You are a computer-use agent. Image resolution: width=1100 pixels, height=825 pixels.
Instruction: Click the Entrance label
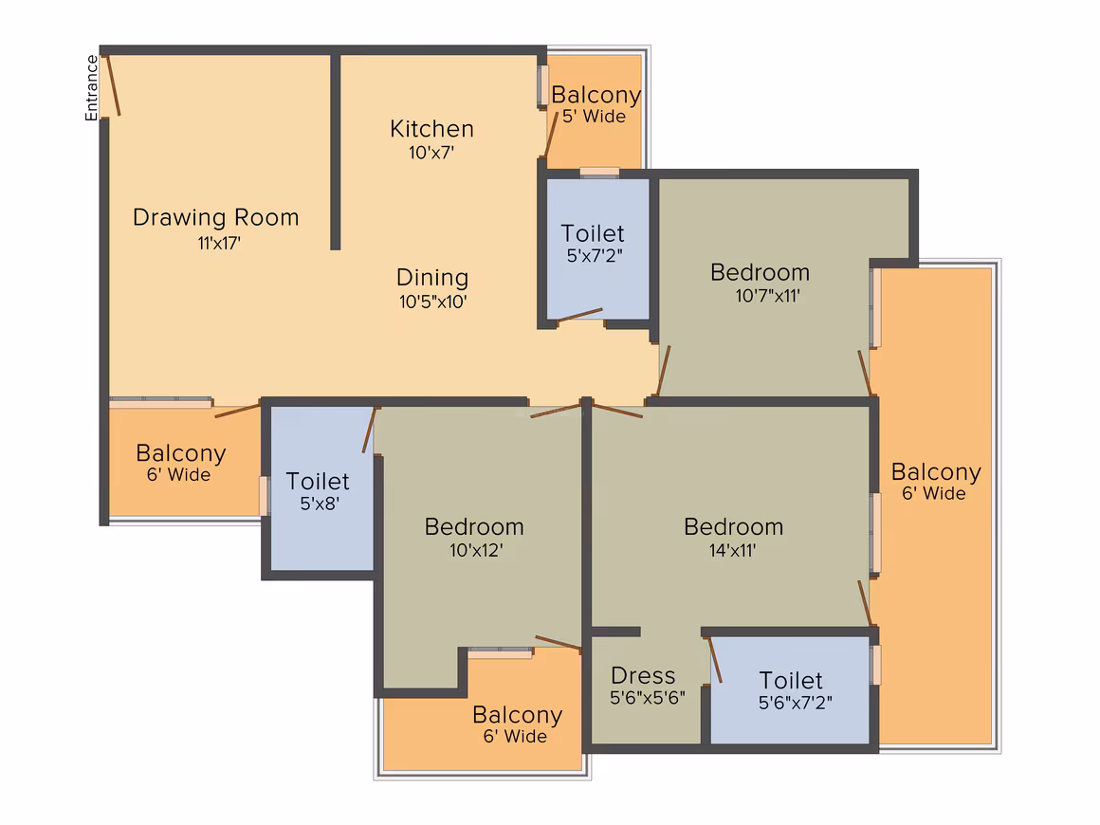point(91,87)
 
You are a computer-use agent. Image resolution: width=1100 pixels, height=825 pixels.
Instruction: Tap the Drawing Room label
point(216,217)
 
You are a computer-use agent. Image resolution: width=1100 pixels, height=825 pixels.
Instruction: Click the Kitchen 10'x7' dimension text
point(431,153)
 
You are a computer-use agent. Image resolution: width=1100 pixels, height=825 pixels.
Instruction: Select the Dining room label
point(432,277)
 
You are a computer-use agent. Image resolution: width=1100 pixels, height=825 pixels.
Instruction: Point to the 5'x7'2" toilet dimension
point(595,255)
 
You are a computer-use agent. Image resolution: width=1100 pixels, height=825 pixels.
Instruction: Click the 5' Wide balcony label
point(595,117)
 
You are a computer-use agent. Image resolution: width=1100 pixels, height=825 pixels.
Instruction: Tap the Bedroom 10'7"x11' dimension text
point(767,295)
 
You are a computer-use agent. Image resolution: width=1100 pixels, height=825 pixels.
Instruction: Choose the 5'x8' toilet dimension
point(320,504)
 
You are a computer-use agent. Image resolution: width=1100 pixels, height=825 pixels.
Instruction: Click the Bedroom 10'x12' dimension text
point(476,550)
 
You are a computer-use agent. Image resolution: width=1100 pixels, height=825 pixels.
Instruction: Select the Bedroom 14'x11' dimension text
point(732,550)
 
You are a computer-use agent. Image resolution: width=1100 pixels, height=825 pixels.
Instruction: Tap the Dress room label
point(643,675)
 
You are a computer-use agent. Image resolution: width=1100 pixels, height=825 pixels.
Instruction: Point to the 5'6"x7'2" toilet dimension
point(796,703)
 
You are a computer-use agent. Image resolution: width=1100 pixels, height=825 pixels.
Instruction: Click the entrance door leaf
point(113,85)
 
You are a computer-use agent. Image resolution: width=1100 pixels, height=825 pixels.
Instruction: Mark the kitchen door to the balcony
point(551,135)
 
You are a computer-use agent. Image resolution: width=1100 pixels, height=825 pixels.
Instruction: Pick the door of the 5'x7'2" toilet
point(579,315)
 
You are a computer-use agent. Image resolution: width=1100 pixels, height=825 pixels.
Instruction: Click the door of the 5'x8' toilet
point(369,430)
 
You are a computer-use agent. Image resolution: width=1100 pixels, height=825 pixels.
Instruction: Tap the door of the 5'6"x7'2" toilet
point(714,659)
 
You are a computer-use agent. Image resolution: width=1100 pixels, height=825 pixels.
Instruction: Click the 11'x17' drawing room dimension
point(219,244)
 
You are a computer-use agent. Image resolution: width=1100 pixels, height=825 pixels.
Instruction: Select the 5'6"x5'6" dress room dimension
point(648,697)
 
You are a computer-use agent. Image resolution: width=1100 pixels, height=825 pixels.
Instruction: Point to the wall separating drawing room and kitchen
point(336,152)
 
